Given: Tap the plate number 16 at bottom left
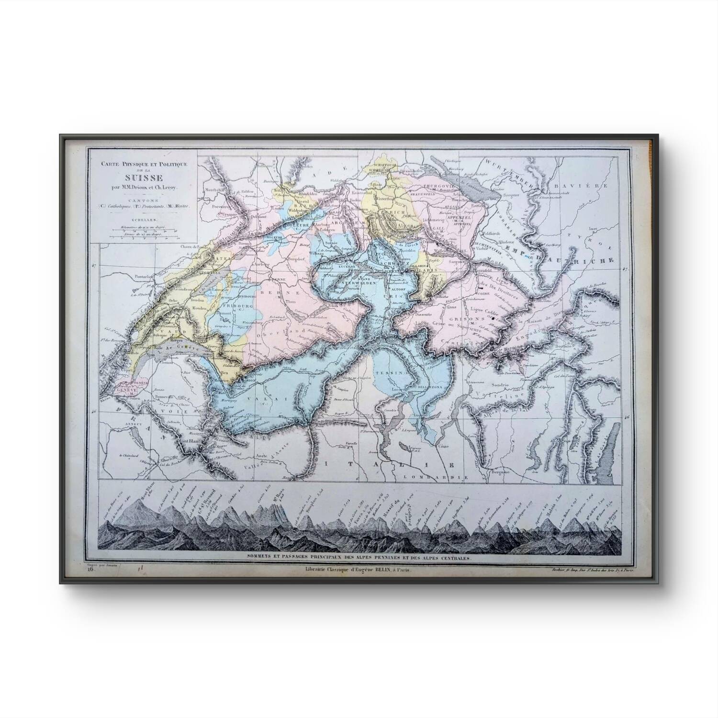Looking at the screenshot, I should click(90, 570).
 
